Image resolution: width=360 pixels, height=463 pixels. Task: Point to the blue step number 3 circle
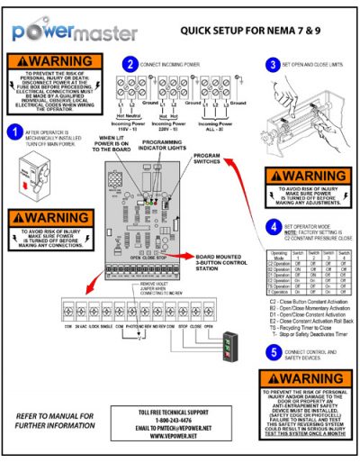[273, 65]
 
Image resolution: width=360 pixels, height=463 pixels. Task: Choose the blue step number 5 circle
[272, 350]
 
